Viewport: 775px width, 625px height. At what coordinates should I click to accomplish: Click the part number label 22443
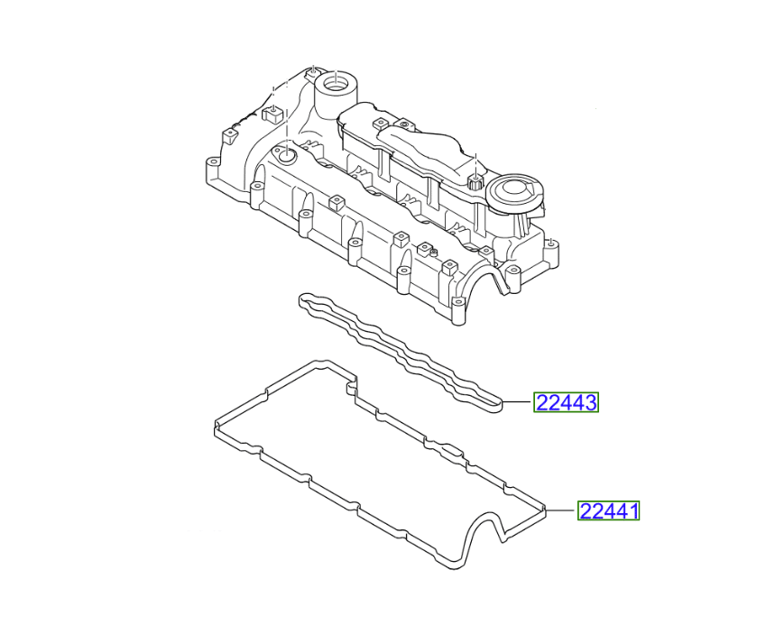point(567,403)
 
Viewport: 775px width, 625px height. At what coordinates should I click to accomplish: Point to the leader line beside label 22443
point(519,403)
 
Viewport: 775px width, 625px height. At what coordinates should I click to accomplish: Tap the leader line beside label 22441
point(561,511)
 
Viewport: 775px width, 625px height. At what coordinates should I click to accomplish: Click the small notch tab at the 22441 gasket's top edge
point(351,387)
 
